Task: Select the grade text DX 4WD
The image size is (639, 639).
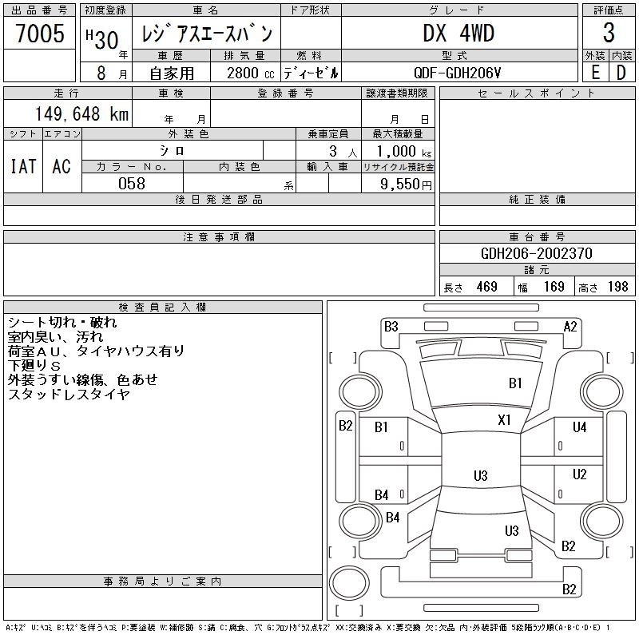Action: [x=458, y=34]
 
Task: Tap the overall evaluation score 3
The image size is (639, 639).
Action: [x=609, y=34]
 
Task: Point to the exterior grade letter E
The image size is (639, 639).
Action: [x=595, y=72]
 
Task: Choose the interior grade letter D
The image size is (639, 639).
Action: [x=621, y=72]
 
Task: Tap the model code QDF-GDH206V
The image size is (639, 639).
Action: [x=458, y=73]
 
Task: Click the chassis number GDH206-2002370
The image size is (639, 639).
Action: [x=537, y=253]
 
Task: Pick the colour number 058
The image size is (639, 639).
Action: [x=132, y=184]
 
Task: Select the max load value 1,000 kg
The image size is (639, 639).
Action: [x=398, y=151]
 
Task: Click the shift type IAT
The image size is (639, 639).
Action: [x=23, y=167]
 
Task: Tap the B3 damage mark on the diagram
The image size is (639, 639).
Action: [x=391, y=326]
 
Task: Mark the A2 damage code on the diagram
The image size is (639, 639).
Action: [x=570, y=326]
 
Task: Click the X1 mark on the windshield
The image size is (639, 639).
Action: [x=504, y=420]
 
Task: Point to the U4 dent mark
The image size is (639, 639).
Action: [x=579, y=428]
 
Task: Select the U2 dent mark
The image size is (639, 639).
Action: [x=579, y=474]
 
